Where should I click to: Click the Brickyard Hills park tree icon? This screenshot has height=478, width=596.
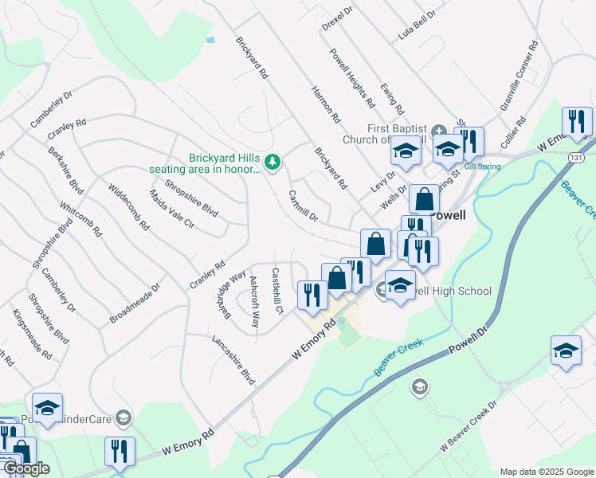(273, 162)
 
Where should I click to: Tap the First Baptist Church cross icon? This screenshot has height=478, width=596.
(438, 130)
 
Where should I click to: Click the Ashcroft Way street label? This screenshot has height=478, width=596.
(254, 302)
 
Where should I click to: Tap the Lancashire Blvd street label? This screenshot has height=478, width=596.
(233, 360)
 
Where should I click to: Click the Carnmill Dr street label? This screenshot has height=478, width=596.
(303, 206)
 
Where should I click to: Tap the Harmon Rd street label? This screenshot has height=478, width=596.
(327, 104)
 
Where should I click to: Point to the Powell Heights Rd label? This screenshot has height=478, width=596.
(352, 76)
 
